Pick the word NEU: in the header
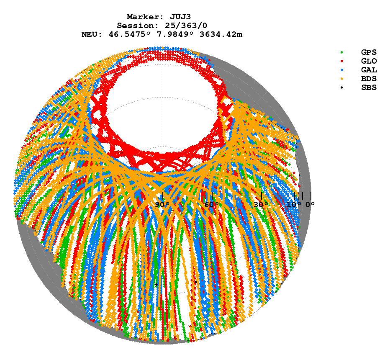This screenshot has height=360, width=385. [93, 34]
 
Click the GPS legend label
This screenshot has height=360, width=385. [369, 52]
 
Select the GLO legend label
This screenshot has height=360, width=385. [369, 61]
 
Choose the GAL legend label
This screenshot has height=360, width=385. [369, 70]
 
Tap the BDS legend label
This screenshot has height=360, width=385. [369, 79]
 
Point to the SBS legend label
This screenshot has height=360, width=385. [369, 87]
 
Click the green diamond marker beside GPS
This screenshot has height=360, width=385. [342, 52]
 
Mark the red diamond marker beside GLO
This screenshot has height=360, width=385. [342, 61]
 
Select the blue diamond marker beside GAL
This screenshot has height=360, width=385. [342, 70]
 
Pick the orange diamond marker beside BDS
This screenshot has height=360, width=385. [342, 79]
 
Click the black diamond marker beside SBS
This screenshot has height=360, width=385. [342, 87]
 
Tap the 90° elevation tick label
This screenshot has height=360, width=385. [162, 205]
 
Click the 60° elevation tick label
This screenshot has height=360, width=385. [212, 205]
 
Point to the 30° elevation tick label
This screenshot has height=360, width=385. [261, 205]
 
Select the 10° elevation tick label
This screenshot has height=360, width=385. [294, 205]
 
